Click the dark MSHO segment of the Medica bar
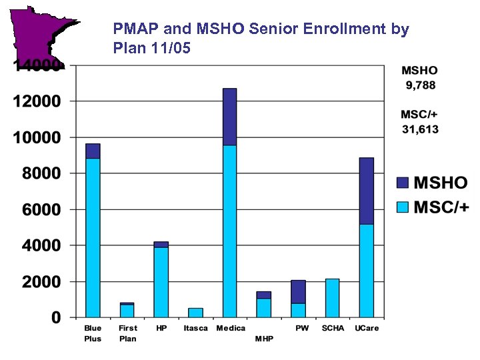(x=229, y=117)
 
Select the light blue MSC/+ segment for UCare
(x=366, y=271)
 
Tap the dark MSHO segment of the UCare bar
(x=366, y=191)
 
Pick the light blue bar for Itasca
(x=195, y=313)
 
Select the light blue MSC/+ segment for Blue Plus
(x=93, y=237)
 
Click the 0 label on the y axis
(x=57, y=318)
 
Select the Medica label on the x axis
(x=231, y=329)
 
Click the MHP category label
(x=264, y=339)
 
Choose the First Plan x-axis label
(x=127, y=333)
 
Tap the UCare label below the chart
(x=366, y=329)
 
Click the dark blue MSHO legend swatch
(x=402, y=182)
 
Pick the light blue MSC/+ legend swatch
(x=402, y=207)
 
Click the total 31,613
(x=420, y=129)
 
